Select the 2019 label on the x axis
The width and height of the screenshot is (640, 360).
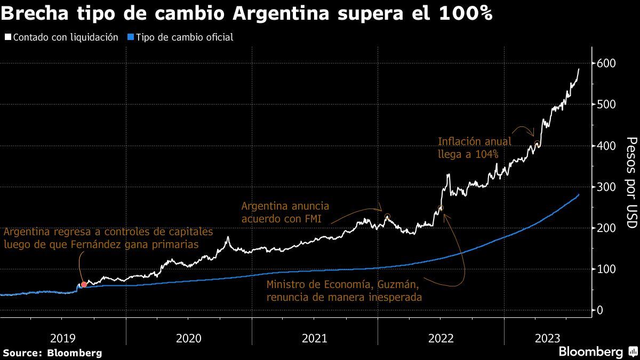click(x=63, y=338)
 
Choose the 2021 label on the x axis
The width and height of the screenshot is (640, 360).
click(x=315, y=338)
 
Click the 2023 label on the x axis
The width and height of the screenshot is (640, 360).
click(x=547, y=338)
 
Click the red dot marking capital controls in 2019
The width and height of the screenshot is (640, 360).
click(x=84, y=284)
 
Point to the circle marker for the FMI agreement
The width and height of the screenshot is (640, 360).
click(x=387, y=217)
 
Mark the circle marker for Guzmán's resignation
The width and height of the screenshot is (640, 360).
click(x=441, y=208)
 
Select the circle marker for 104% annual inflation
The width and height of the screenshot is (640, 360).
click(x=537, y=143)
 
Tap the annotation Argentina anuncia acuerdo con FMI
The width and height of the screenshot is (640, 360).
click(x=285, y=212)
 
